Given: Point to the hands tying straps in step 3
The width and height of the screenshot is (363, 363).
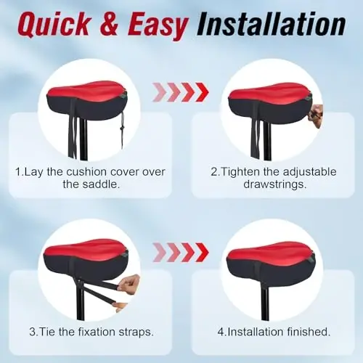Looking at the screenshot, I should click(x=129, y=286).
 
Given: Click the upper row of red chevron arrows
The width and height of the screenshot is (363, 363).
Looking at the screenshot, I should click(x=181, y=92).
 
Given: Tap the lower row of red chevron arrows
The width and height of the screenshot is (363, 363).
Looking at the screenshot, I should click(x=181, y=252).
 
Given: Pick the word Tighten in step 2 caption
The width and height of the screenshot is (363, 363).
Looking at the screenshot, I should click(x=240, y=171).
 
